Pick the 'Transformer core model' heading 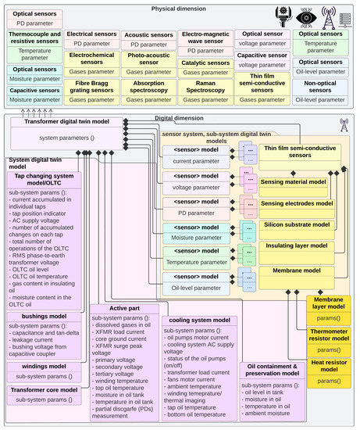click(44, 389)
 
